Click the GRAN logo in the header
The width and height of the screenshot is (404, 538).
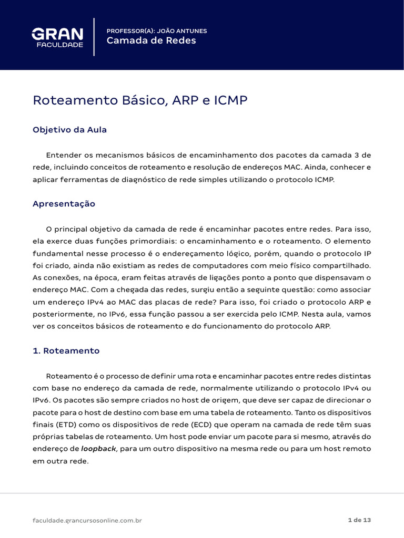(x=57, y=34)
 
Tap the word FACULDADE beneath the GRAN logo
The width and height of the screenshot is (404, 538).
(x=59, y=45)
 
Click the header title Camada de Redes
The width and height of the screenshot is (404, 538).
(x=151, y=41)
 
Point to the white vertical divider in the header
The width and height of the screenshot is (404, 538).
(x=94, y=36)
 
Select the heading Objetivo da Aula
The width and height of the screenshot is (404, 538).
(x=69, y=130)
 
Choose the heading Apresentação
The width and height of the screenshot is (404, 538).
(x=64, y=203)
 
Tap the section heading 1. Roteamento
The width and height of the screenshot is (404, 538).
(x=66, y=350)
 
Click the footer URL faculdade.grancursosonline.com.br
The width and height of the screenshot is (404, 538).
(x=87, y=520)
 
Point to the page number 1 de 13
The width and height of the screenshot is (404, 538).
(x=360, y=520)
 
